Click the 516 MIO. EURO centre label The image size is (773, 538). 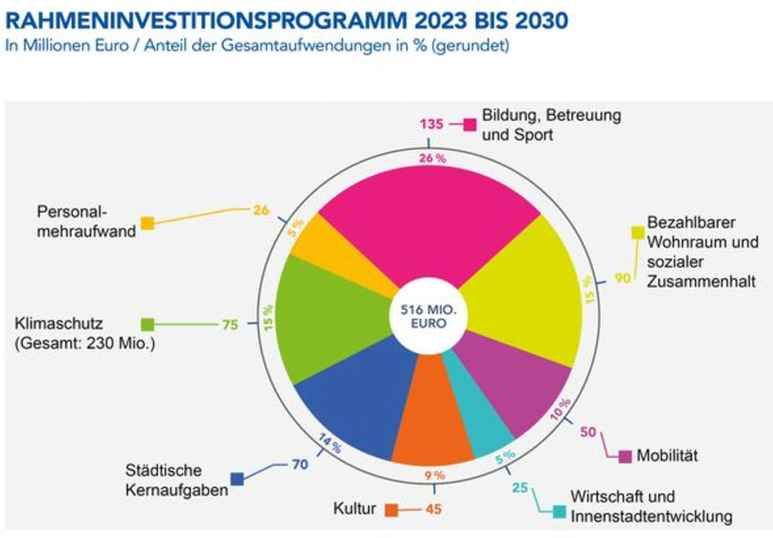tap(428, 317)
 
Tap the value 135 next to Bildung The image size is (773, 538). tap(431, 124)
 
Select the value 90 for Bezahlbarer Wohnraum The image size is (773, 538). tap(622, 278)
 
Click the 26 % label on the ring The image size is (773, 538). tap(432, 158)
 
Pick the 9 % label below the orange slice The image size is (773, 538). tap(434, 475)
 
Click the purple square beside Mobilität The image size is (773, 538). tap(625, 457)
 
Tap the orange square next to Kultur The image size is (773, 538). tap(391, 510)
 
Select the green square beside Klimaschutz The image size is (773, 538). tap(148, 325)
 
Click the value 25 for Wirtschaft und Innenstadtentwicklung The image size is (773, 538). tap(519, 488)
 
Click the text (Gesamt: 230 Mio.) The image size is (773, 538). tap(85, 343)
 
